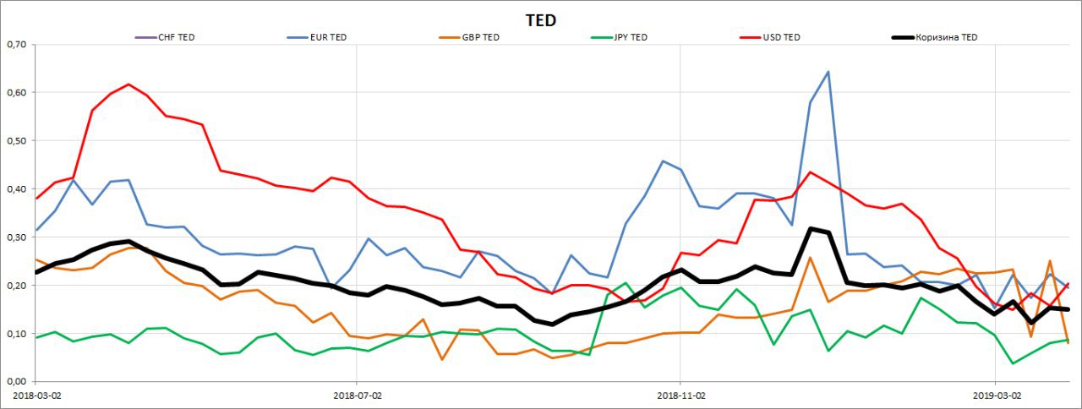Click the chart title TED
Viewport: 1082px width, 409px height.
pos(541,20)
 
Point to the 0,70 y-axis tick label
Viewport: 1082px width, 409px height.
pos(16,44)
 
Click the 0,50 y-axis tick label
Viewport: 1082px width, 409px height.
pos(16,140)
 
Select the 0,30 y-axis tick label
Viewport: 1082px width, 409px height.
pos(16,237)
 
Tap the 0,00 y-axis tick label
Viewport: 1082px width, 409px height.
pos(16,382)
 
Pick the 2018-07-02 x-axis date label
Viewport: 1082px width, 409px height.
pos(357,395)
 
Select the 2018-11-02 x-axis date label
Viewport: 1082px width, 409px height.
pos(680,395)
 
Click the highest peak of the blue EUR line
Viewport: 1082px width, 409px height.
pos(828,72)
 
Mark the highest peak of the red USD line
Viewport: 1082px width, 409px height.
pos(128,85)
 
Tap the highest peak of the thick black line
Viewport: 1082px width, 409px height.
pos(810,228)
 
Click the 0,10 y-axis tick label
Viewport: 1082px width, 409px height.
pos(16,334)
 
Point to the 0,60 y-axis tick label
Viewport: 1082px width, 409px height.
pos(16,92)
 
